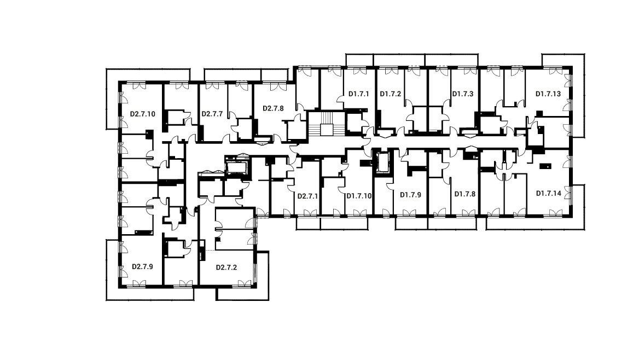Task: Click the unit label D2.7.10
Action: [143, 114]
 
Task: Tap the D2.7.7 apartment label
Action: [212, 114]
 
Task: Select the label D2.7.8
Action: [273, 108]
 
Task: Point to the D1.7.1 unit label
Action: [359, 94]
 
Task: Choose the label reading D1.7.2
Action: [391, 94]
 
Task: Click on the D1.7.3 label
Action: [462, 94]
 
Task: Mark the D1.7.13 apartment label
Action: [548, 94]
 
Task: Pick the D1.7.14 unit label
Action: [549, 193]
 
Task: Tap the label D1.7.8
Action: [465, 194]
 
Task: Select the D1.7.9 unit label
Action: [410, 195]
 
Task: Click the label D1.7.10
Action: [359, 196]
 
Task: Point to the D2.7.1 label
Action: [307, 196]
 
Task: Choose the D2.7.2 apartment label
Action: [226, 268]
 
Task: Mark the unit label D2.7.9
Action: [143, 266]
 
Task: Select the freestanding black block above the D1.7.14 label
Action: [545, 166]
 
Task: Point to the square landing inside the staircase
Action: [327, 130]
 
